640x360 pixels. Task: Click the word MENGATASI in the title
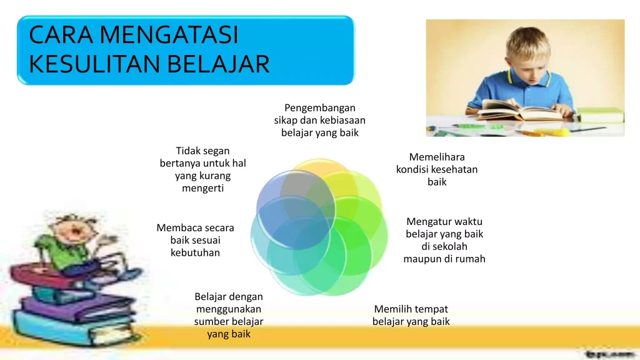coord(169,35)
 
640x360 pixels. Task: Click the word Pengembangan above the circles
coord(319,107)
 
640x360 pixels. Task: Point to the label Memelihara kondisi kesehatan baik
coord(437,169)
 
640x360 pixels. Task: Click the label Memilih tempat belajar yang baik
coord(411,315)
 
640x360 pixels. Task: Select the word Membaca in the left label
coord(175,228)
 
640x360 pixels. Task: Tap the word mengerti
coord(202,188)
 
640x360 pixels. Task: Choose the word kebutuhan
coord(195,252)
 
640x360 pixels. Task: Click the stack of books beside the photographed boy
coord(600,115)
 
